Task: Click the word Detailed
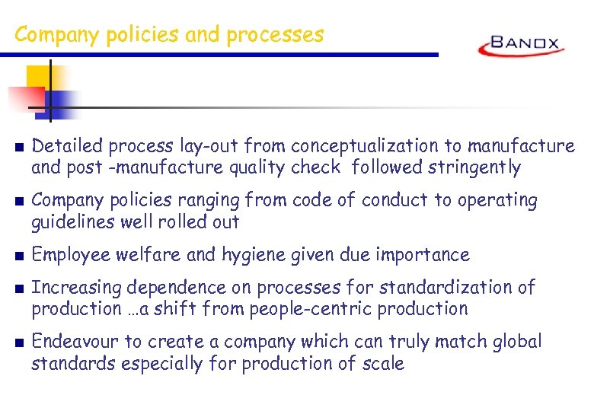coord(69,145)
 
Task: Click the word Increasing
coord(76,288)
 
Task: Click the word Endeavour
coord(78,342)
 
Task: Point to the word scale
coord(382,364)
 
